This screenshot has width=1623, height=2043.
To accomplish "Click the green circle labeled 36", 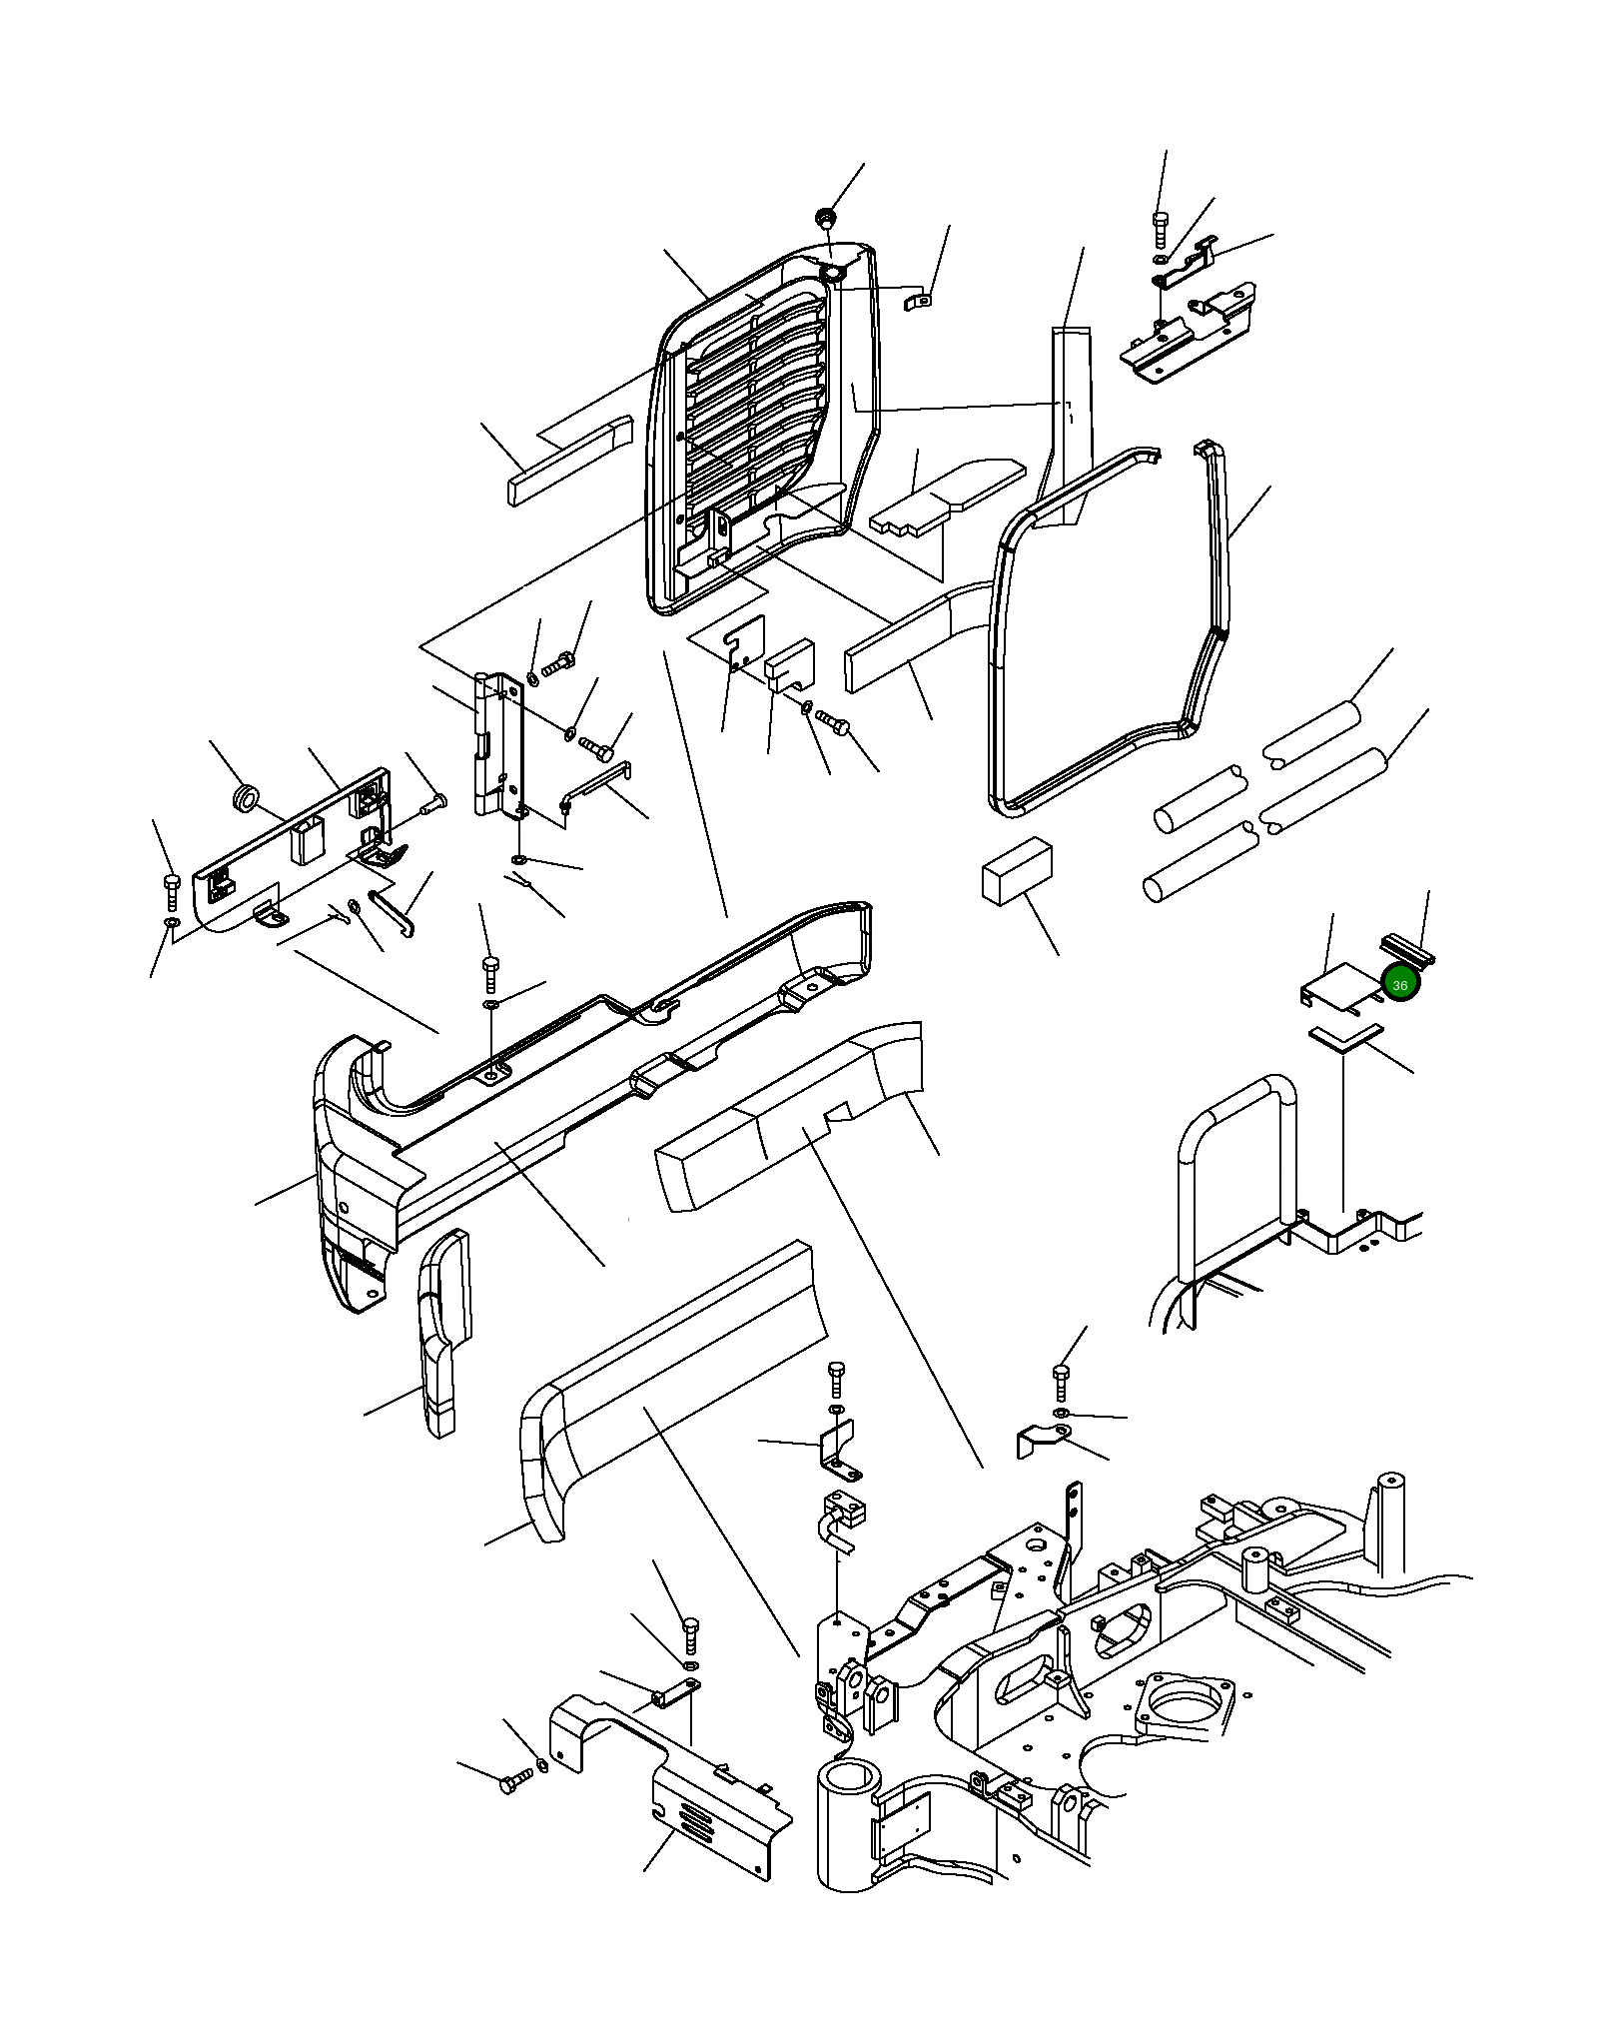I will click(x=1399, y=984).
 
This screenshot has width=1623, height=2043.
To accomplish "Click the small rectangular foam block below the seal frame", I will click(x=1017, y=871).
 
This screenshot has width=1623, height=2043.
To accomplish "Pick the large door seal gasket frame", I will click(x=1109, y=629).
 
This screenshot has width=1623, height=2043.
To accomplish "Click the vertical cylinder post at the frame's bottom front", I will click(x=847, y=1823).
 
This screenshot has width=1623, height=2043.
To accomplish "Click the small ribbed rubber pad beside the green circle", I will click(x=1406, y=948).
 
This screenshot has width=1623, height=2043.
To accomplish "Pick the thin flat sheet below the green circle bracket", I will click(x=1345, y=1037).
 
